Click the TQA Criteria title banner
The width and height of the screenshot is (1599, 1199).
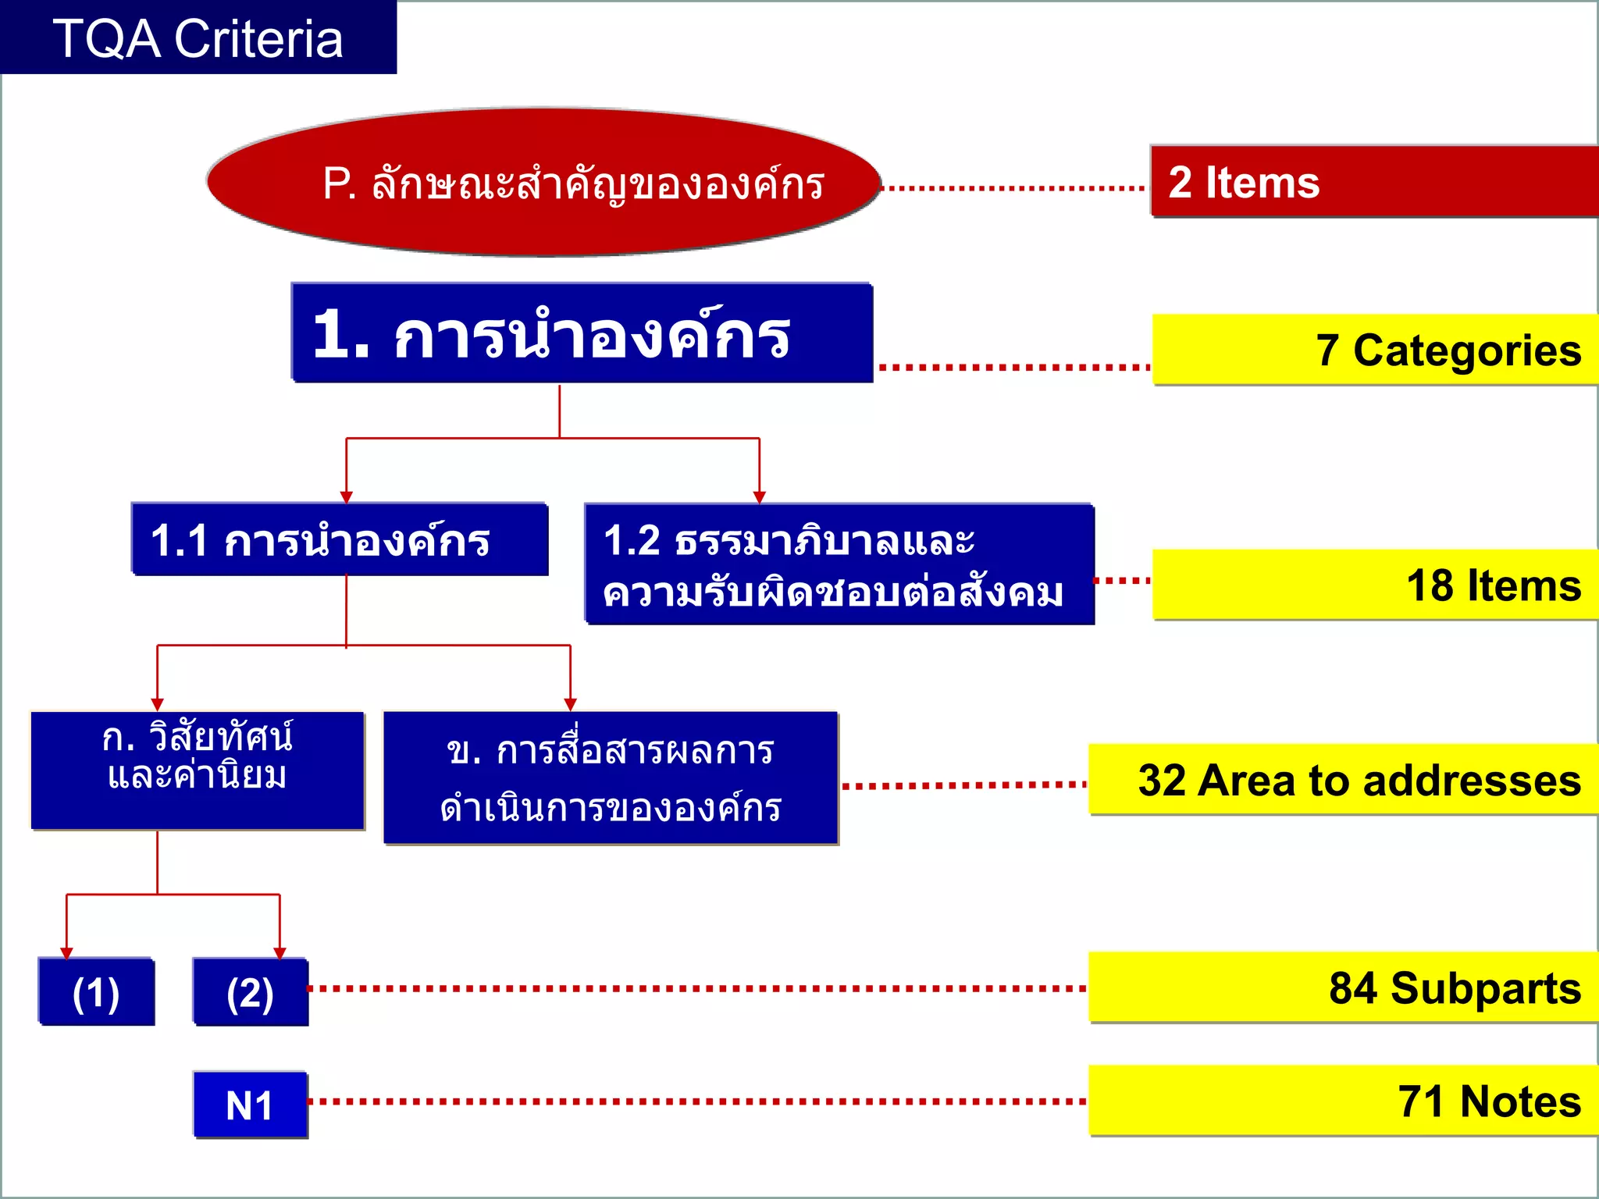tap(198, 37)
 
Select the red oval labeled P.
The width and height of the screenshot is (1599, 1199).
tap(544, 182)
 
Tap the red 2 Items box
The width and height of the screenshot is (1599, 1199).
tap(1374, 181)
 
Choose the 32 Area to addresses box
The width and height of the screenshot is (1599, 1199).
tap(1343, 780)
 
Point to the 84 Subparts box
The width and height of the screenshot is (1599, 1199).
tap(1343, 987)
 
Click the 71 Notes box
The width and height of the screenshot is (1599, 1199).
tap(1343, 1101)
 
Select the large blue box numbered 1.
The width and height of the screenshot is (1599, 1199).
tap(582, 333)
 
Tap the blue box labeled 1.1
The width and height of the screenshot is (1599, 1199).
tap(340, 539)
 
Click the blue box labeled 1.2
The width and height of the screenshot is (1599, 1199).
tap(839, 564)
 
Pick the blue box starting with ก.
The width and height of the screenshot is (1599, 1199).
tap(198, 770)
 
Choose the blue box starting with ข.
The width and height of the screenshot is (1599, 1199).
tap(611, 778)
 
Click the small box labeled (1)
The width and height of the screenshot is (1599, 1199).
tap(96, 992)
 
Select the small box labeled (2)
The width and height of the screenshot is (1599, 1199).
tap(251, 992)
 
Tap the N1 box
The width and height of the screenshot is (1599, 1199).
tap(251, 1105)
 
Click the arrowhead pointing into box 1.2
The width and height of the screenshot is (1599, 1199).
tap(759, 497)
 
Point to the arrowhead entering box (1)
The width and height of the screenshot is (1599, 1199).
tap(66, 952)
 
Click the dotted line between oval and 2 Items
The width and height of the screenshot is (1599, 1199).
tap(1013, 188)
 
